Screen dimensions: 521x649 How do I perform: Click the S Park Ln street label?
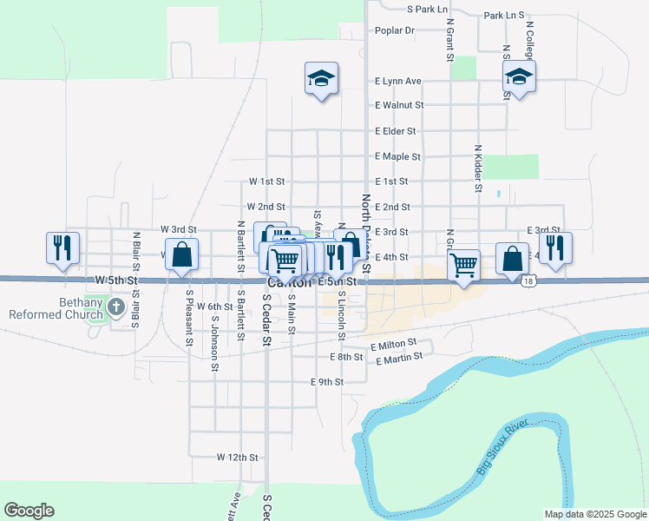click(x=427, y=9)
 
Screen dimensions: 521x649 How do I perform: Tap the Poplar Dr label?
click(x=395, y=30)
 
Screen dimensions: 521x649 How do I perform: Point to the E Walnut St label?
click(x=398, y=105)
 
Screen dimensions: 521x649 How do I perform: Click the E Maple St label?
click(x=397, y=157)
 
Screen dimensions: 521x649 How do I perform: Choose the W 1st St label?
click(x=266, y=182)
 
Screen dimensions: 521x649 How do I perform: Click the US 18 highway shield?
click(x=528, y=281)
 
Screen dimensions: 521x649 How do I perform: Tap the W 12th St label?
click(x=238, y=457)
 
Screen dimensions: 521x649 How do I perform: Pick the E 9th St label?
click(x=327, y=382)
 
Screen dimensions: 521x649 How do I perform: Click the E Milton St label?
click(x=393, y=345)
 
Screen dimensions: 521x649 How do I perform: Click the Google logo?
click(x=29, y=511)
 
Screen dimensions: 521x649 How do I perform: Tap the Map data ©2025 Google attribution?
click(x=594, y=514)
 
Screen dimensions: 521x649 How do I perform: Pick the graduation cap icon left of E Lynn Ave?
click(x=321, y=79)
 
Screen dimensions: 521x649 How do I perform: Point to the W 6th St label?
click(x=214, y=307)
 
